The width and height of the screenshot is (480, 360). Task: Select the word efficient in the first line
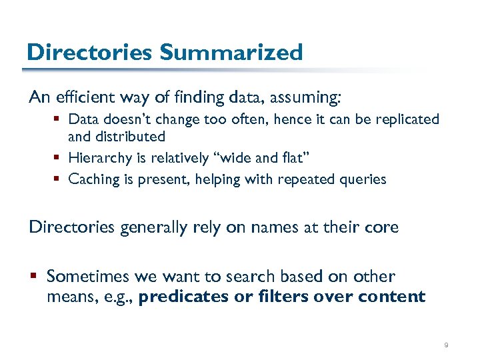(87, 98)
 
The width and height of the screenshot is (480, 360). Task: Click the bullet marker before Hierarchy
(59, 158)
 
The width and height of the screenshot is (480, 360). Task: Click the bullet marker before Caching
(59, 179)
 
